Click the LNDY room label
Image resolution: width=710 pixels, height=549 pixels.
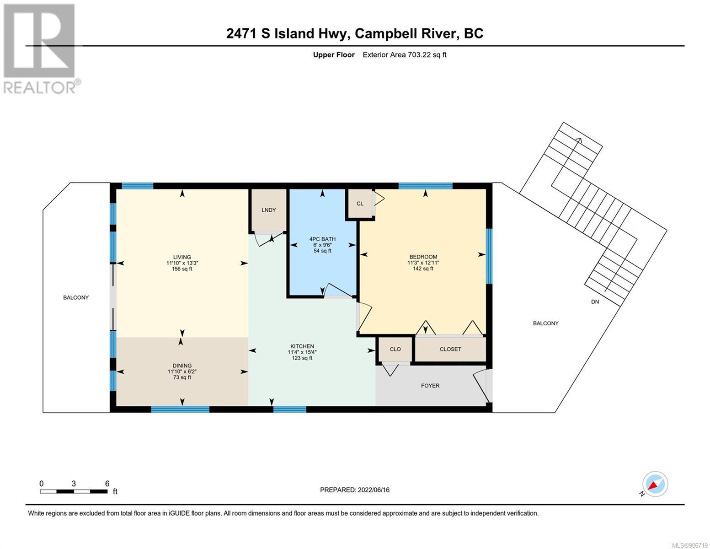[x=268, y=210]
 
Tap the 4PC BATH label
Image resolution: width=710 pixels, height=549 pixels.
[x=322, y=239]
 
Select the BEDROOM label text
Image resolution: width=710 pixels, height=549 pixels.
[x=423, y=257]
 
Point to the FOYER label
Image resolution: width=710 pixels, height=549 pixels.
[x=430, y=386]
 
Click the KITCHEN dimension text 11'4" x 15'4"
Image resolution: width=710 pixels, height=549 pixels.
[x=302, y=352]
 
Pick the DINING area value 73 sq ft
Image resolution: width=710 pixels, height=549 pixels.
[x=182, y=377]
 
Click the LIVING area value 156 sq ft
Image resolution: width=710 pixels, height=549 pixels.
[x=182, y=269]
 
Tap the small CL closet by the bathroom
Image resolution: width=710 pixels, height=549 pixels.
[x=360, y=204]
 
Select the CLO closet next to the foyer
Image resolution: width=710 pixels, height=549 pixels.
[x=395, y=349]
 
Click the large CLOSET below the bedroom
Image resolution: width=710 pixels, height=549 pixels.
[x=450, y=349]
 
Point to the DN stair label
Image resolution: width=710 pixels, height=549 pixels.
[x=595, y=302]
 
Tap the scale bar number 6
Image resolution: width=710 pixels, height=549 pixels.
[x=107, y=483]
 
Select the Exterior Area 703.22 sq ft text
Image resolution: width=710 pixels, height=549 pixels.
[x=405, y=54]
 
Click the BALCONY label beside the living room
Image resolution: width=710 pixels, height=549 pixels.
[x=76, y=297]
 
